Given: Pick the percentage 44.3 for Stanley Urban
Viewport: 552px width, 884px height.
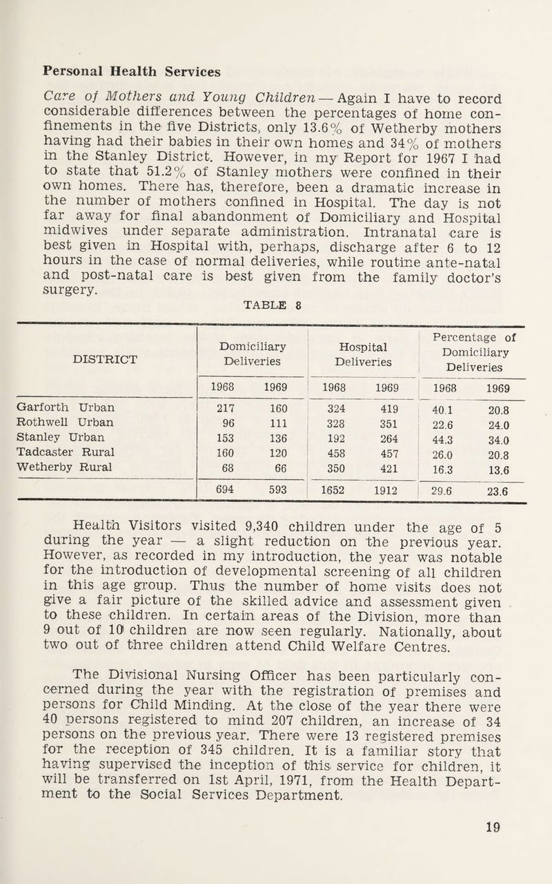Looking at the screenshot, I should pyautogui.click(x=456, y=437).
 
